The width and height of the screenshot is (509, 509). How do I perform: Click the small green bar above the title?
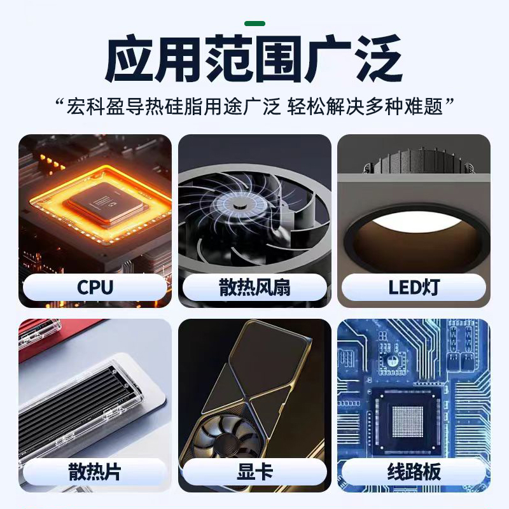[254, 24]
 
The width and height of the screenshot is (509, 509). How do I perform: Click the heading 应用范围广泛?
[254, 60]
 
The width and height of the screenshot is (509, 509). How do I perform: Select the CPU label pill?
[95, 287]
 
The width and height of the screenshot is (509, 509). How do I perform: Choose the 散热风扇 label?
[254, 287]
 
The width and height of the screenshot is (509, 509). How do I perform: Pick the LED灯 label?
[414, 287]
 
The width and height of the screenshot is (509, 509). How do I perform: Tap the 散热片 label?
[95, 472]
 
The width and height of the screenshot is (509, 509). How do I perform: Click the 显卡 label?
[254, 472]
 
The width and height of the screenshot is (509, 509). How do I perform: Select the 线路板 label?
[414, 472]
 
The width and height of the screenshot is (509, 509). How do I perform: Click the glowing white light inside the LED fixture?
[413, 223]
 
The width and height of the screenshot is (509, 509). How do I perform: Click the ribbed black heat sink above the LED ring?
[414, 162]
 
